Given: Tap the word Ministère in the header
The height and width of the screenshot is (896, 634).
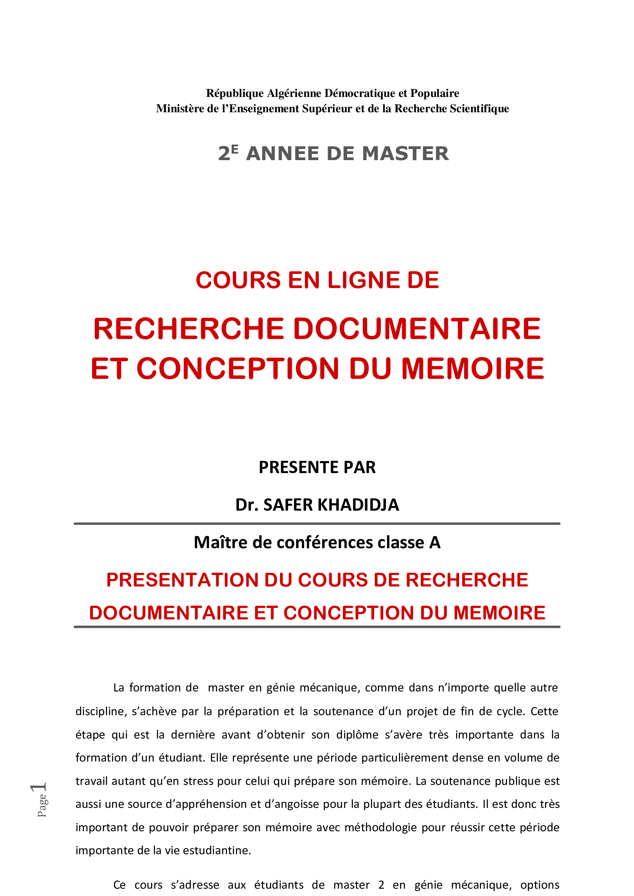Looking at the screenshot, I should point(181,108).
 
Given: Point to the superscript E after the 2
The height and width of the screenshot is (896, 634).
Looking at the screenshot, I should point(234,149).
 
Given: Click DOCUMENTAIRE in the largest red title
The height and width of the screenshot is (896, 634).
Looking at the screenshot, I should point(417,329).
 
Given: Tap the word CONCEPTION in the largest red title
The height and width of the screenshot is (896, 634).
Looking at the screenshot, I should point(238,369).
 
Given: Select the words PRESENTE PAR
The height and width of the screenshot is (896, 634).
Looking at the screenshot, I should point(317,467).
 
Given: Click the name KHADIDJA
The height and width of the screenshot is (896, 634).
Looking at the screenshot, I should point(358,505).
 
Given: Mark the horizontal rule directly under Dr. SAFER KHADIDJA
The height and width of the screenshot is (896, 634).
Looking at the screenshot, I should point(317,523).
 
